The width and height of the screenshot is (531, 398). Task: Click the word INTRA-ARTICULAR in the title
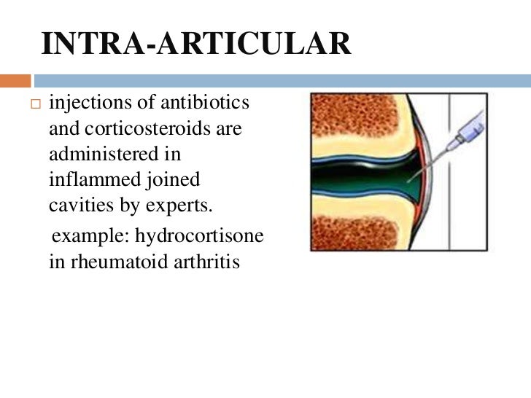click(x=196, y=44)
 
